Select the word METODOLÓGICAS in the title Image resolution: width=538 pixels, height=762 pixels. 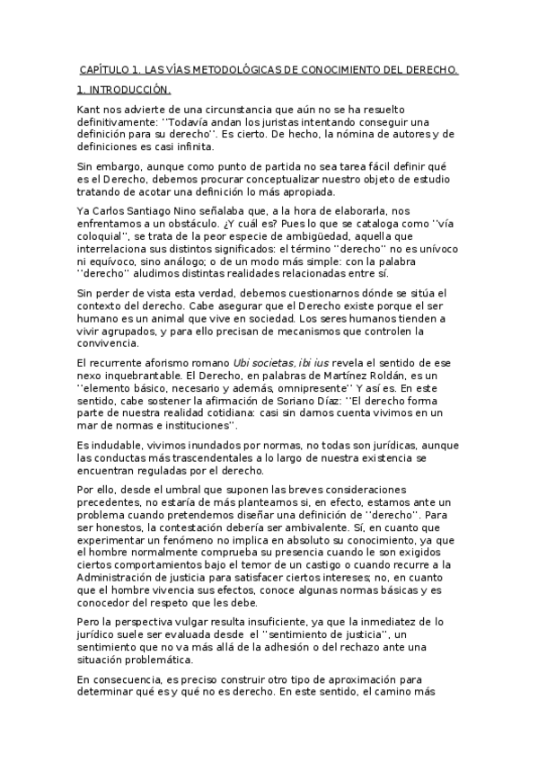(214, 69)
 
